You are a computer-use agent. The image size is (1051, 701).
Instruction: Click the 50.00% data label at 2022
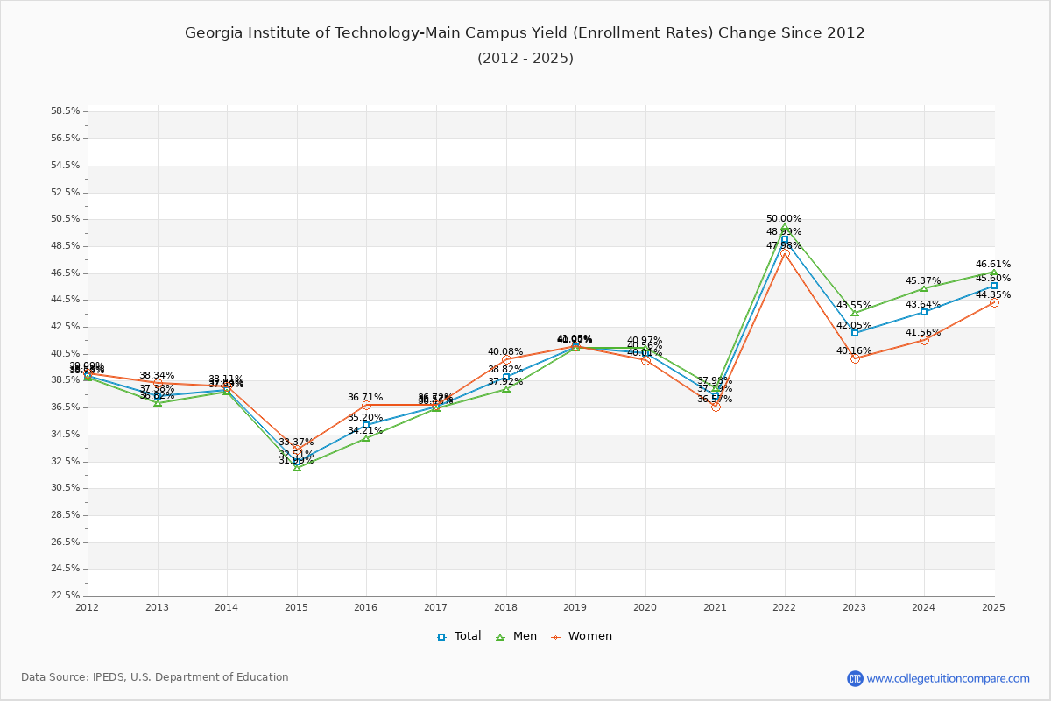tap(784, 219)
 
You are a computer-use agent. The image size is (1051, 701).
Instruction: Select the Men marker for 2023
tap(855, 313)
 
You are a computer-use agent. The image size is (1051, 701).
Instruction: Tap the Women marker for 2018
tap(506, 359)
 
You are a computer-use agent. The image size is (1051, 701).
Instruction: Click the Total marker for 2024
tap(924, 312)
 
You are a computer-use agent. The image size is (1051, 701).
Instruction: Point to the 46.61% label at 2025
tap(993, 264)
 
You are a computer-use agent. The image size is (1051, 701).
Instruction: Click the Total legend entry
tap(459, 636)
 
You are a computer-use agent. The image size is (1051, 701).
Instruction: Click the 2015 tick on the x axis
tap(297, 606)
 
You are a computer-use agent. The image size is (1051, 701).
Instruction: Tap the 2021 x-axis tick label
tap(715, 606)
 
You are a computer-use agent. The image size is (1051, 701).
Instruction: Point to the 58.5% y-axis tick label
tap(66, 111)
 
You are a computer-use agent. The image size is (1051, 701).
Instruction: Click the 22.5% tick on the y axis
tap(66, 596)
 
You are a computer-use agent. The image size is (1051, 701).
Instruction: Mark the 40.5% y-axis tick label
tap(66, 353)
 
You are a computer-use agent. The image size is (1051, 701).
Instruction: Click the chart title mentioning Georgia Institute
tap(525, 33)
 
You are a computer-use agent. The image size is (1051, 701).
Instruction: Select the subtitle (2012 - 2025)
tap(525, 59)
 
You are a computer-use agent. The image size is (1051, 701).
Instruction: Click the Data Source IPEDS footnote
tap(155, 677)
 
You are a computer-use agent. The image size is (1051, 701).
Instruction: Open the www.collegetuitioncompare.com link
tap(948, 678)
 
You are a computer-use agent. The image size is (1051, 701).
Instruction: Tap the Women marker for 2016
tap(366, 405)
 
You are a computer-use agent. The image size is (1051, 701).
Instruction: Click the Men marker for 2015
tap(297, 467)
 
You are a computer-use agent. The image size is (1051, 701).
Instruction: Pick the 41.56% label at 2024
tap(923, 332)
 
